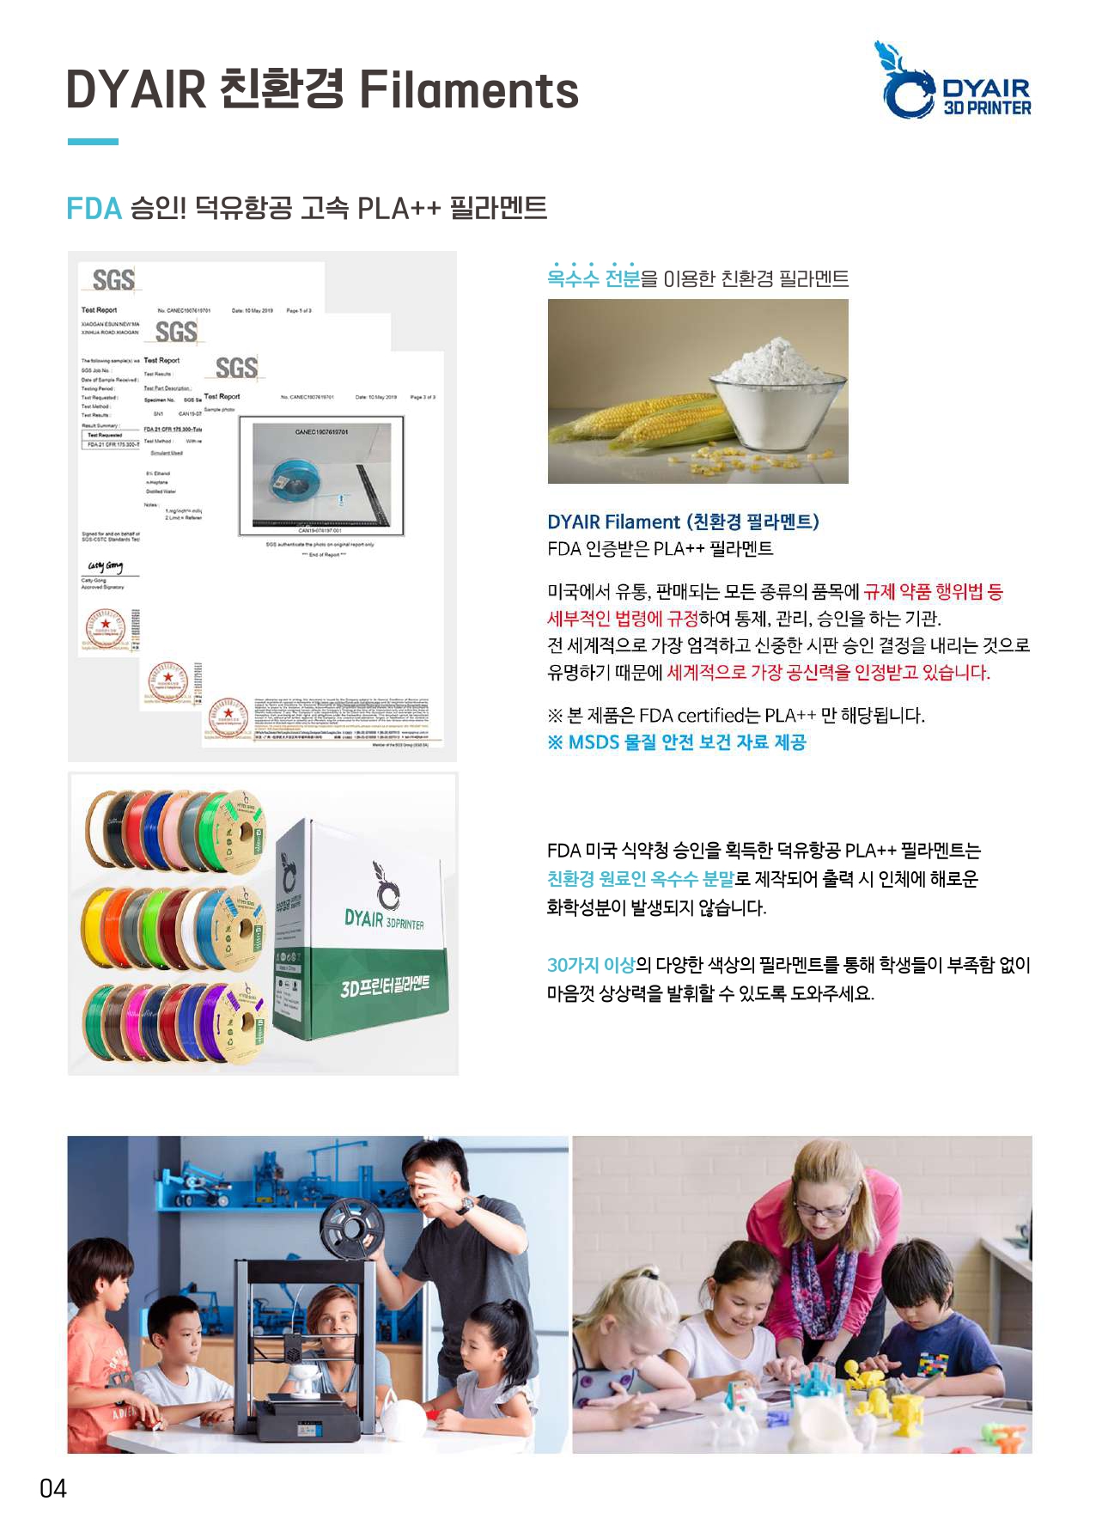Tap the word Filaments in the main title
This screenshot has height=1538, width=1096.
pos(468,90)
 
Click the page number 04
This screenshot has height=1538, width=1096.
pos(52,1488)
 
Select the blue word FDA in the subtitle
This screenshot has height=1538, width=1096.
pos(94,209)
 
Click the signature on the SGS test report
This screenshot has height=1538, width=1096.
pos(105,566)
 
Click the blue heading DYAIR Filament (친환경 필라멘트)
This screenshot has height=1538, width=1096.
pos(683,522)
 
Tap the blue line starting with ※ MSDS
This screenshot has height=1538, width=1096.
pos(677,742)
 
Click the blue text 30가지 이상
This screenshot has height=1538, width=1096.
pos(590,965)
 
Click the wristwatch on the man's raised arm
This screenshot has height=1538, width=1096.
pos(465,1205)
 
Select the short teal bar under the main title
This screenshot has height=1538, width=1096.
pos(93,142)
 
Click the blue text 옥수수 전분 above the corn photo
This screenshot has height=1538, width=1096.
pos(593,278)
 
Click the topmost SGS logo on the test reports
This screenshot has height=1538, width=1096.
pos(113,280)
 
